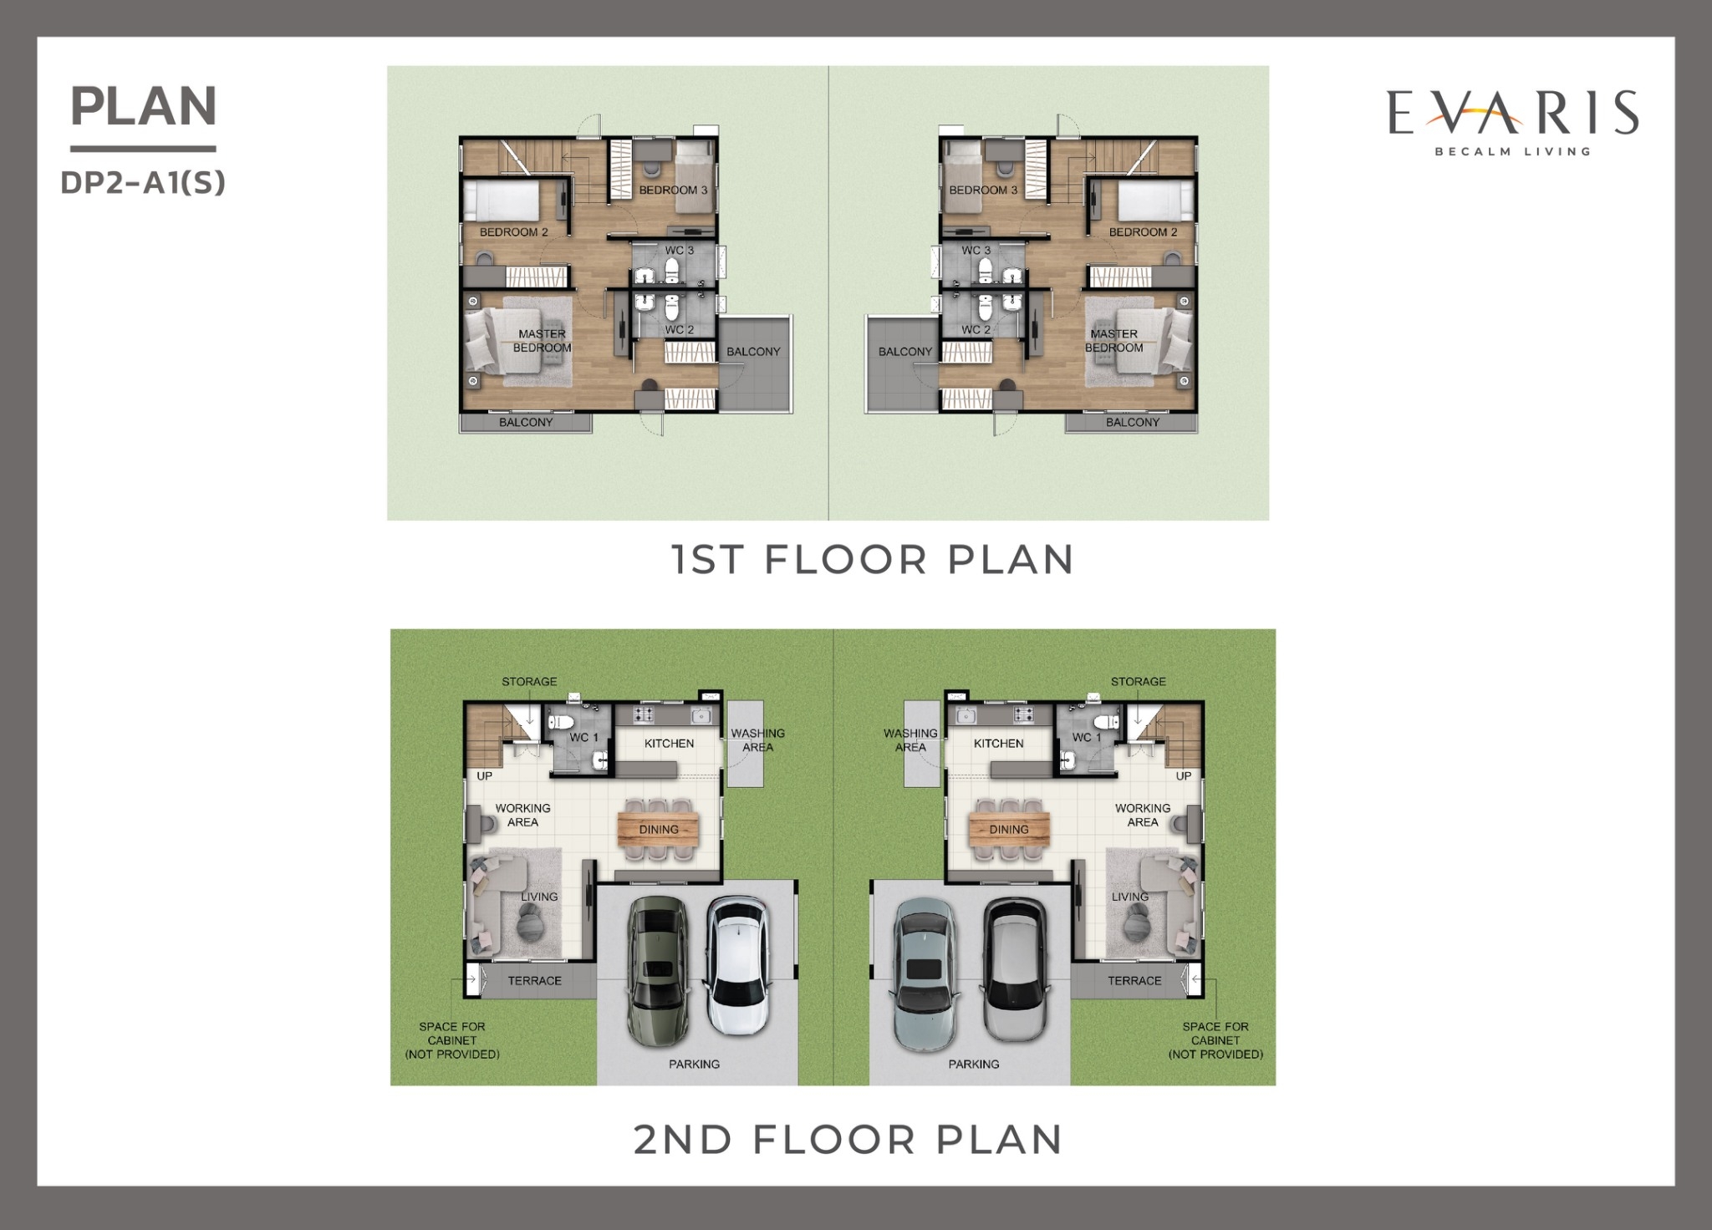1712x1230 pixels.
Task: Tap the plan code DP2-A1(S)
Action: (x=143, y=183)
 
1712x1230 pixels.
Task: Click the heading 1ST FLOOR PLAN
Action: (x=874, y=559)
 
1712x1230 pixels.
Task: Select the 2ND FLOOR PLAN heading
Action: (x=848, y=1140)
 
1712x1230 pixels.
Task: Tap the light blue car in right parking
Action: (x=924, y=973)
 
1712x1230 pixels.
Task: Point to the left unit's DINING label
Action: (x=659, y=830)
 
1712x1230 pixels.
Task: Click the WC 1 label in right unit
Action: (x=1087, y=737)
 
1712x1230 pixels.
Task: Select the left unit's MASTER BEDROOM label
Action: (x=543, y=341)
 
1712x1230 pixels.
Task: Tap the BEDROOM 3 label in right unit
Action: (x=983, y=190)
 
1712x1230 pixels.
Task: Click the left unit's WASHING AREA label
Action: (x=758, y=740)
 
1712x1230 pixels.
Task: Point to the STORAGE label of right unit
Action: (x=1138, y=682)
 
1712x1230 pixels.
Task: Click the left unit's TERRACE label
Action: (x=535, y=981)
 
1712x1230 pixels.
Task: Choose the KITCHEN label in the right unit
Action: (x=998, y=744)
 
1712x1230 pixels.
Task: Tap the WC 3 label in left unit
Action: (x=680, y=251)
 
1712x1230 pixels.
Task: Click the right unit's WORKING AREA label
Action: (x=1143, y=816)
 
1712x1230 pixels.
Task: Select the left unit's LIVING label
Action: (x=539, y=897)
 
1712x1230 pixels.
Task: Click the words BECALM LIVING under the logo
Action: (x=1513, y=152)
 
